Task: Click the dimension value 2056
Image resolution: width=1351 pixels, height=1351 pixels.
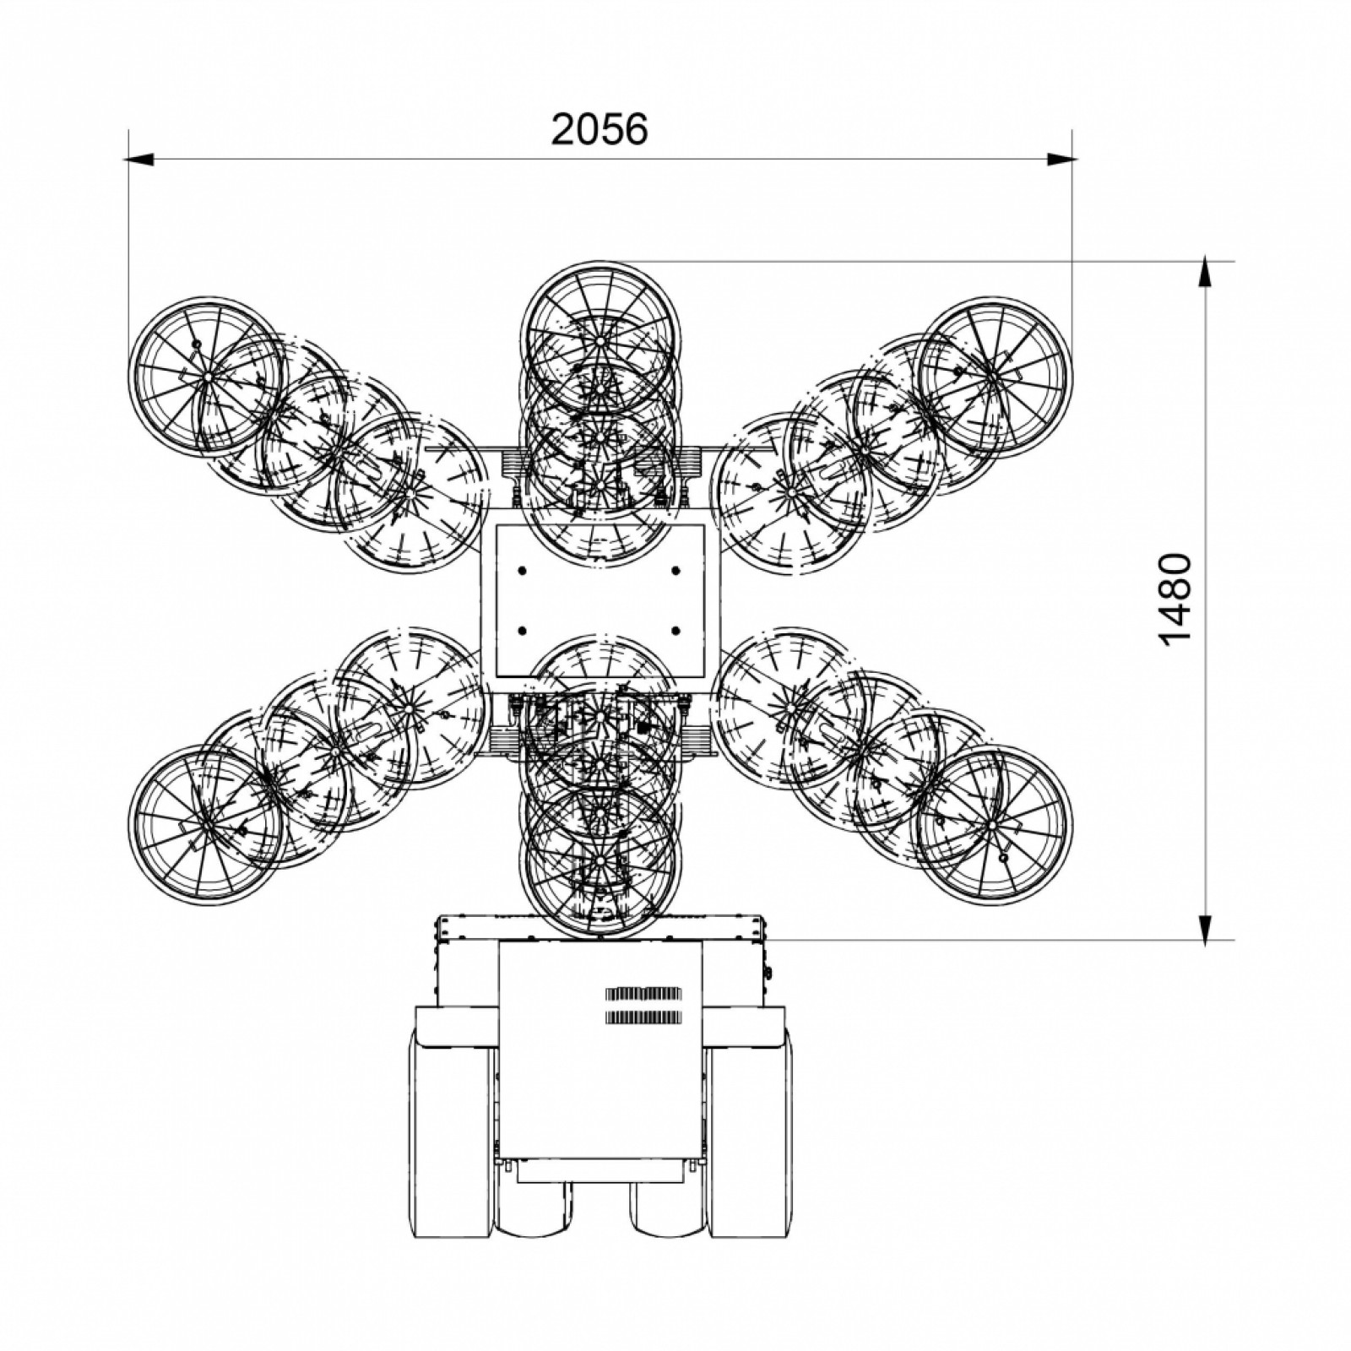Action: (600, 129)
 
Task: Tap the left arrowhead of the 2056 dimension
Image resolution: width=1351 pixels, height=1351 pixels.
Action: (140, 158)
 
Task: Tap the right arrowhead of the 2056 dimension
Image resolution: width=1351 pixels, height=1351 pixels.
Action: (1060, 158)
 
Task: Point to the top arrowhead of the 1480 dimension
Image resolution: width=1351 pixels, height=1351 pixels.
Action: (1207, 275)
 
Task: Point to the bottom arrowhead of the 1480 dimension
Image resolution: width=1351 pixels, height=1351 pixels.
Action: (1207, 925)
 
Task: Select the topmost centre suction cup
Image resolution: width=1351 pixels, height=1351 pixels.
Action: (600, 340)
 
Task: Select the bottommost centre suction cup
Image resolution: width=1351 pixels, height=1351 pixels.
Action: (600, 861)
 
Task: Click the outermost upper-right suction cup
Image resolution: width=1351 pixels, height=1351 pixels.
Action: (994, 376)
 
